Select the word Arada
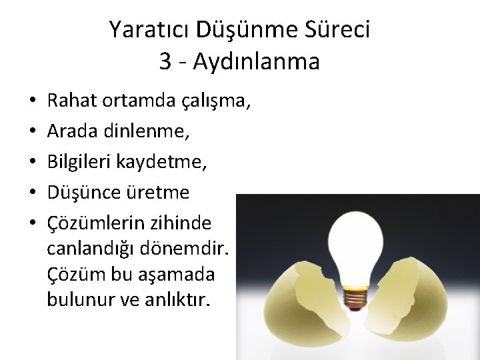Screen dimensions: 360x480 tap(73, 132)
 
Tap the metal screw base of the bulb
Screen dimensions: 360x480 tap(355, 297)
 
